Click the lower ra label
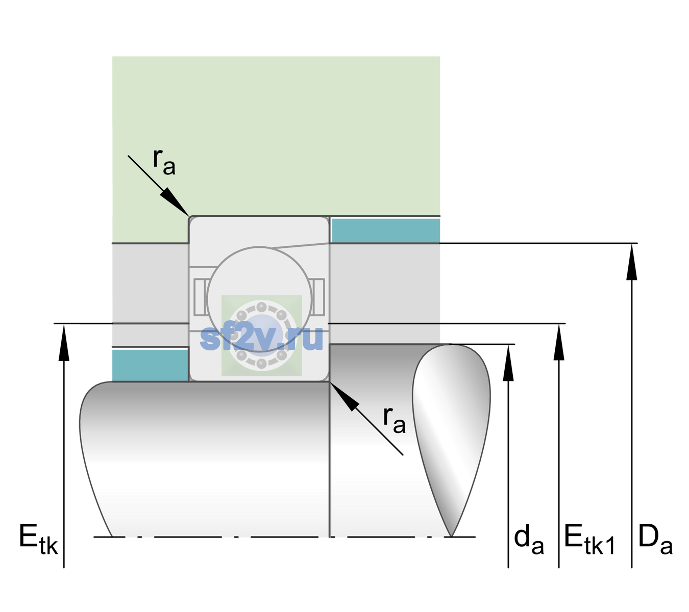(x=395, y=420)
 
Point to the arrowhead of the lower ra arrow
(x=344, y=396)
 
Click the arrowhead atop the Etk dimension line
(x=64, y=342)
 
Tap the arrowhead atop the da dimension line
(x=508, y=363)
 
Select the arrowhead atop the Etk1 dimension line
(x=559, y=342)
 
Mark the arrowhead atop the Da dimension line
(x=632, y=262)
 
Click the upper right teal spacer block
(x=386, y=230)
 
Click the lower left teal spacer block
(x=151, y=365)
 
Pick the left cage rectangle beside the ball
(x=200, y=297)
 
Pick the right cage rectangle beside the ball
(x=318, y=297)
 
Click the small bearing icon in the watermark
(x=261, y=336)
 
